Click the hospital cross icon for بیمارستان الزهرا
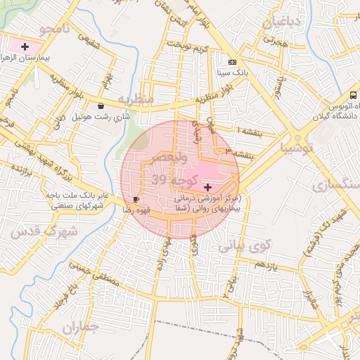point(25,46)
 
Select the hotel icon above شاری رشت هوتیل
point(102,106)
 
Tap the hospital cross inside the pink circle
point(207,187)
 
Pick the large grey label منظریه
point(135,99)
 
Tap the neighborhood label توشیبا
point(299,149)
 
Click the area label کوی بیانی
point(244,247)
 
